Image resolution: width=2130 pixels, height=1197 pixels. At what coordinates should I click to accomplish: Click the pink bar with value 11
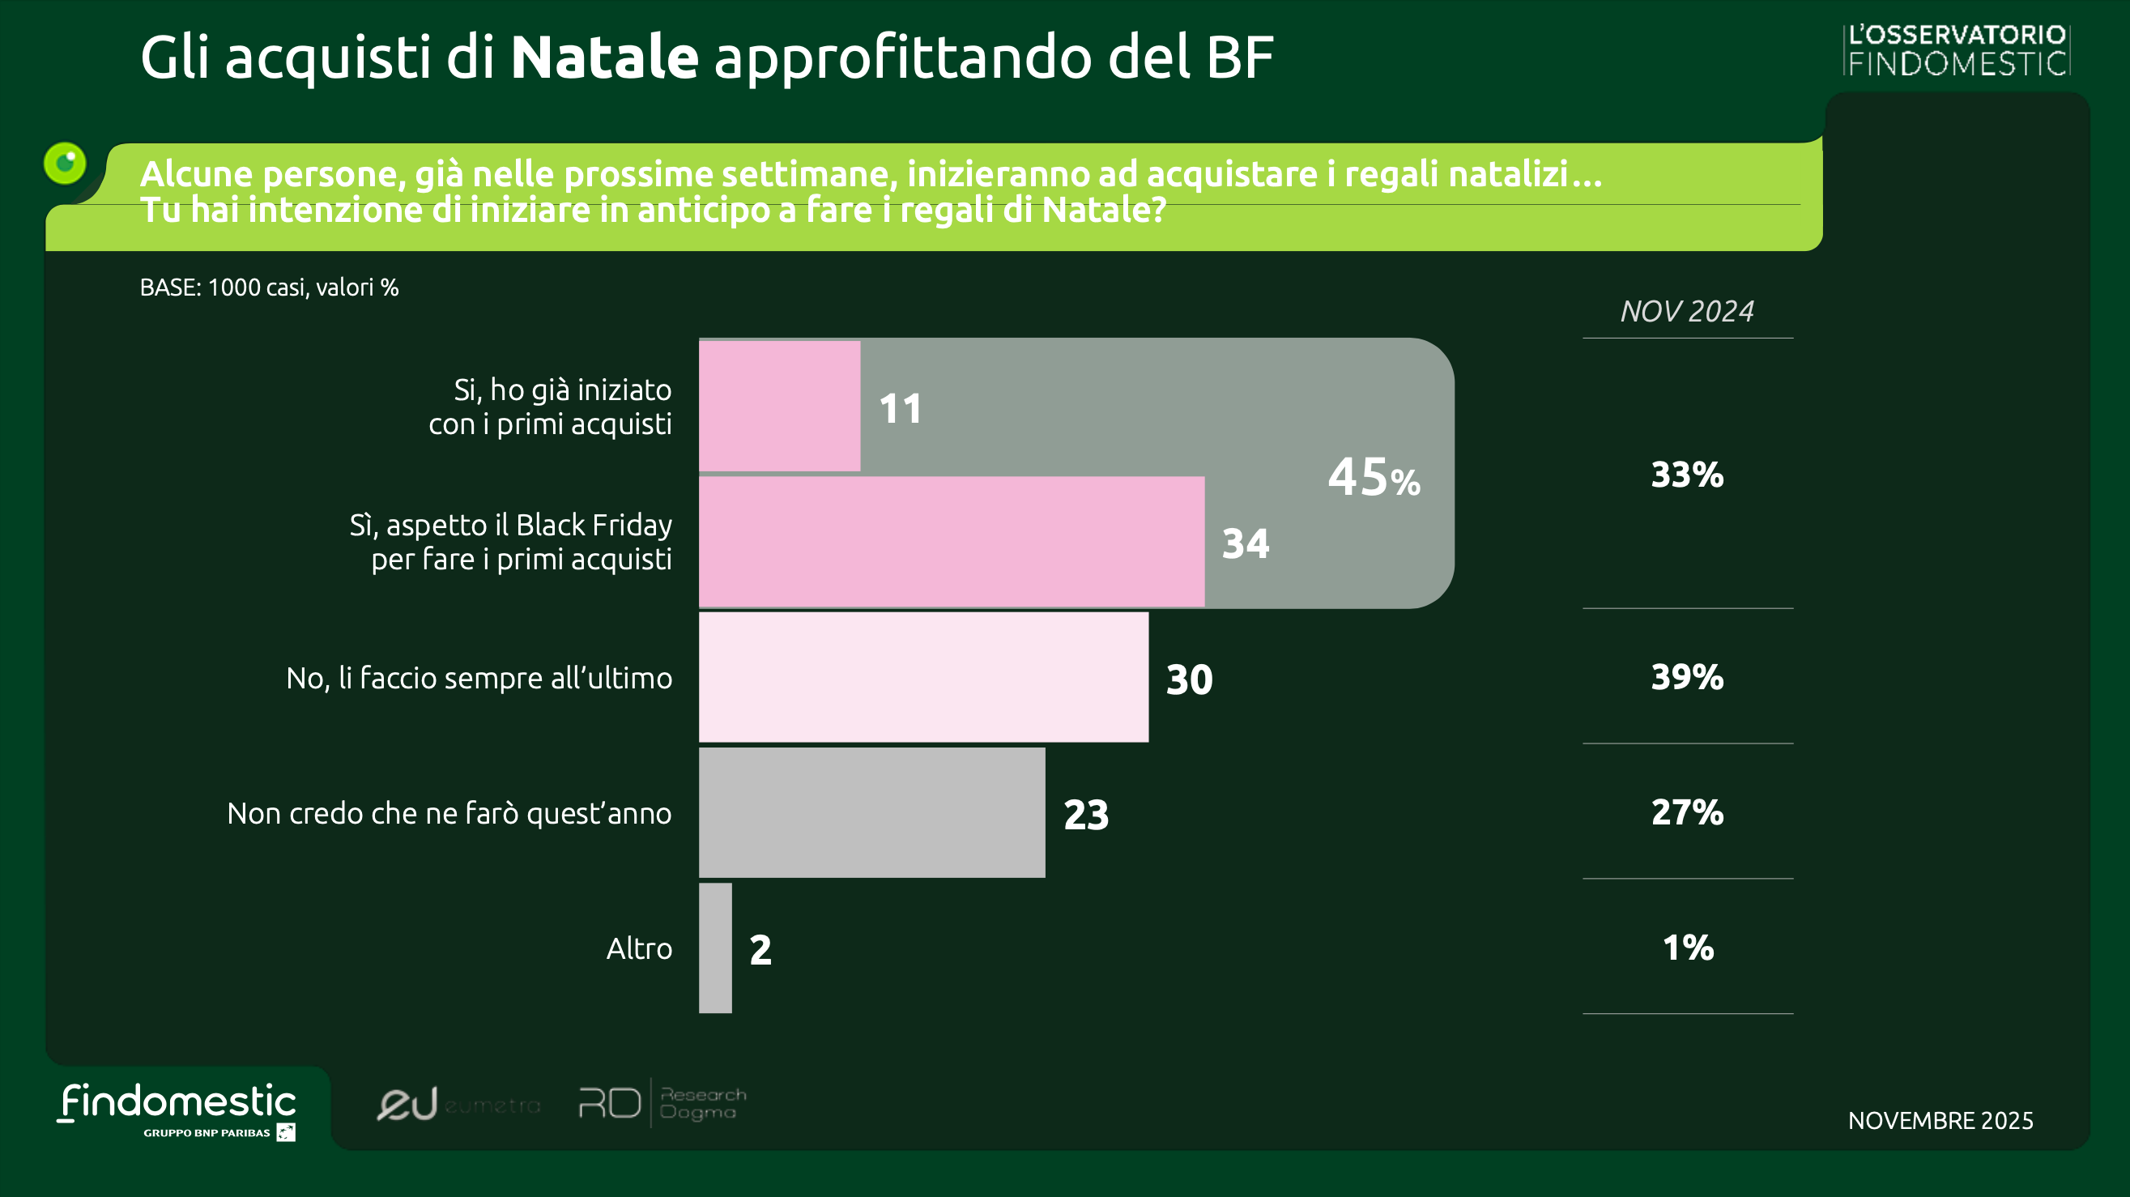pos(779,406)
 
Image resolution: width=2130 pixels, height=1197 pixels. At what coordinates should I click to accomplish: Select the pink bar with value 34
pos(951,542)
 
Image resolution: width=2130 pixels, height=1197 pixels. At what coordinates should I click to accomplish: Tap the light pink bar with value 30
pos(922,677)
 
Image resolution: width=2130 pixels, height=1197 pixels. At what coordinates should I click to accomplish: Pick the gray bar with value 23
pos(871,812)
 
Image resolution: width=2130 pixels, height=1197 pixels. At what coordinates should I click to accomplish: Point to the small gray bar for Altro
pos(715,948)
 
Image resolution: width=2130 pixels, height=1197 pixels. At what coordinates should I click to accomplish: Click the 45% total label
pos(1374,477)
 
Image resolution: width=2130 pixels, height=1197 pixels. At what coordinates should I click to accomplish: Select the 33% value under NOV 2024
pos(1687,475)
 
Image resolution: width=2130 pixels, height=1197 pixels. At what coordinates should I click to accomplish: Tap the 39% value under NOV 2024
pos(1687,677)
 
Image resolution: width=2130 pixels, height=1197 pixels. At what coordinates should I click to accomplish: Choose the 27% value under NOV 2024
pos(1687,812)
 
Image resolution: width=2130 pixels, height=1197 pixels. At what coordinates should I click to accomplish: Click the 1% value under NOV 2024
pos(1687,948)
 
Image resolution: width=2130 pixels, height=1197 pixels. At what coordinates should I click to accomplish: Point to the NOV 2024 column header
pos(1687,312)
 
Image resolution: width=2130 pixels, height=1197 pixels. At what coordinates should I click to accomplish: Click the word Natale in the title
pos(604,57)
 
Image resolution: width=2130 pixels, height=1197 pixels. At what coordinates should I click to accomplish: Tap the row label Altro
pos(639,948)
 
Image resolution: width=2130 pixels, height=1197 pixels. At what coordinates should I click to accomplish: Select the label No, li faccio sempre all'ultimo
pos(479,678)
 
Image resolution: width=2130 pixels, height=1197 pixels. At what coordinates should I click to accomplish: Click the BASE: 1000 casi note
pos(269,287)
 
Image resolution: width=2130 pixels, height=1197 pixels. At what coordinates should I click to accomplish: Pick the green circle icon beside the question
pos(66,163)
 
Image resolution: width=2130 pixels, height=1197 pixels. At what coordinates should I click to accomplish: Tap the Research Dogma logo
pos(662,1103)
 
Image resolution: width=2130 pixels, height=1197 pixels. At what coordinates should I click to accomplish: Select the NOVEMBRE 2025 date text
pos(1940,1120)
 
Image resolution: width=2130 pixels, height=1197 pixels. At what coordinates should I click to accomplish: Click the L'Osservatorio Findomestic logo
pos(1957,49)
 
